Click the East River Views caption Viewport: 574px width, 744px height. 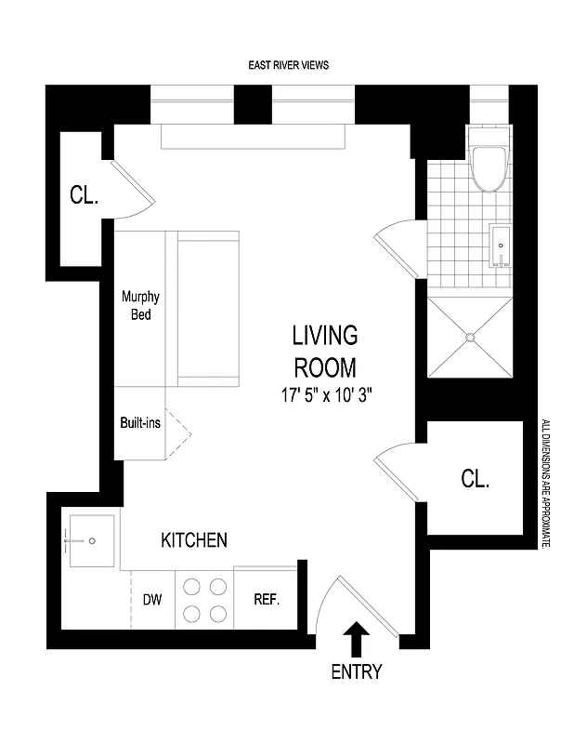[288, 65]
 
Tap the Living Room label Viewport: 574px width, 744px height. [324, 350]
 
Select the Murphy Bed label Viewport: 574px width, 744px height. [140, 306]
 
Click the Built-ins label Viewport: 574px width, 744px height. [140, 421]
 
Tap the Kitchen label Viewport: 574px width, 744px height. [194, 539]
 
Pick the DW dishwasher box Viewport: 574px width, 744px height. [151, 599]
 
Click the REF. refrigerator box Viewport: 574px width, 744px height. [267, 599]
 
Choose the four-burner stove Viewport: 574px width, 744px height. [203, 600]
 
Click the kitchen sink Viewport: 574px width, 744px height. [89, 540]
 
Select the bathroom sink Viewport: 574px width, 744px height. [501, 246]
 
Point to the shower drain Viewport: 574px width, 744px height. [470, 338]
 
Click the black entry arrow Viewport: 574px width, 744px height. [357, 641]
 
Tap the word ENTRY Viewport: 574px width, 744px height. [357, 671]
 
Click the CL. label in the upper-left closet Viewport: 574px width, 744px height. [85, 196]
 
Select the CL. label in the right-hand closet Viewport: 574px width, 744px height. [475, 479]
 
